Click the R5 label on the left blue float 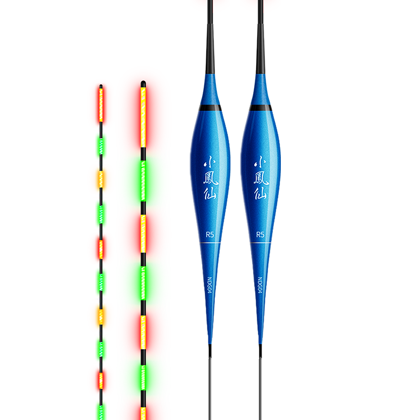click(x=209, y=235)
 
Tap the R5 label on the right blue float click(x=260, y=235)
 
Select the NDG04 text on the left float click(x=209, y=285)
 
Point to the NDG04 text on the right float click(x=260, y=285)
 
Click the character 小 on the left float click(x=209, y=162)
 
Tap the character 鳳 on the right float click(x=261, y=178)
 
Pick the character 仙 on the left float click(x=209, y=193)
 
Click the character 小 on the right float click(x=260, y=162)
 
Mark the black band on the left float click(x=211, y=108)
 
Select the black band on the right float click(x=260, y=108)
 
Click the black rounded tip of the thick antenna click(x=143, y=83)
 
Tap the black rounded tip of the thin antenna click(x=101, y=87)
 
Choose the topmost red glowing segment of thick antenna click(x=143, y=117)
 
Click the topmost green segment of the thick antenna click(x=143, y=181)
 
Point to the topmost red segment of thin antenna click(x=101, y=105)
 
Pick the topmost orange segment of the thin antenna click(x=101, y=178)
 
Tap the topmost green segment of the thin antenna click(x=101, y=146)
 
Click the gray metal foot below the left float click(x=210, y=388)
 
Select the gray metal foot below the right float click(x=260, y=388)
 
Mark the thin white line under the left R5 click(x=210, y=243)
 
